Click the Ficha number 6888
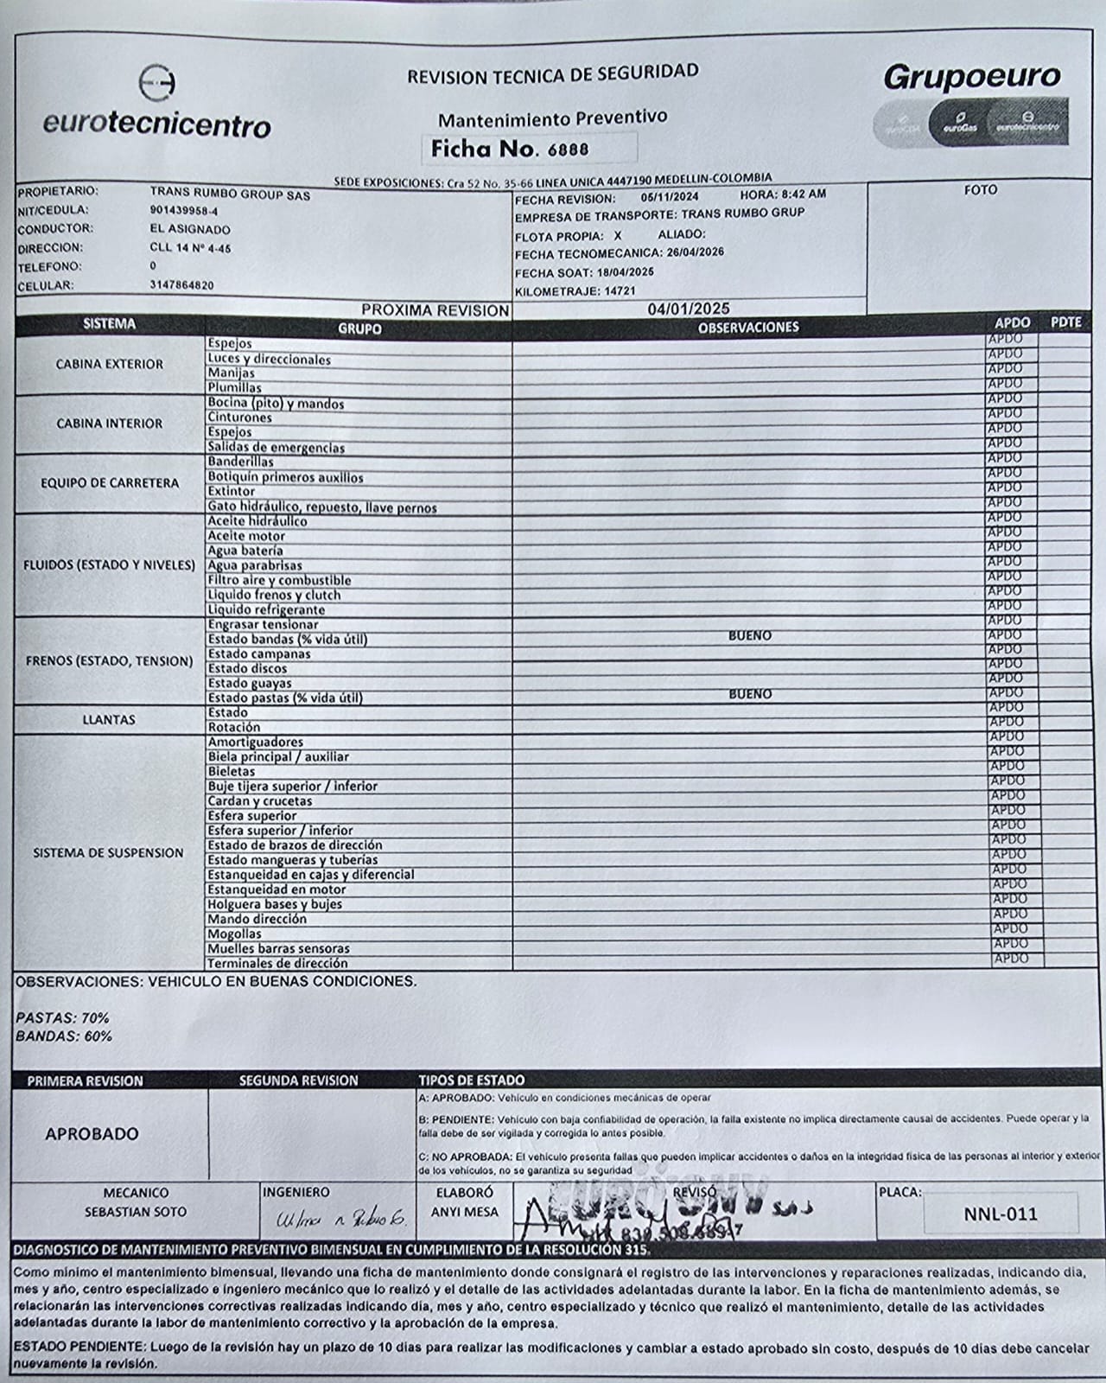[x=569, y=149]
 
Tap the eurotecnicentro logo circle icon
[x=157, y=84]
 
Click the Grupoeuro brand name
[x=971, y=77]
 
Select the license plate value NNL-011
[x=1001, y=1214]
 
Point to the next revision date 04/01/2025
[x=688, y=309]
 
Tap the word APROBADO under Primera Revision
[x=92, y=1134]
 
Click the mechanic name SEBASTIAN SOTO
[x=135, y=1212]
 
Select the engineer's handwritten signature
[x=340, y=1220]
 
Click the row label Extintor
[x=231, y=492]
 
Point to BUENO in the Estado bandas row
[x=749, y=635]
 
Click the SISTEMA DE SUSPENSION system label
[x=108, y=852]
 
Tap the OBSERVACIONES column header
[x=748, y=327]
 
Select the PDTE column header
[x=1066, y=322]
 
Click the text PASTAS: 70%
[x=62, y=1018]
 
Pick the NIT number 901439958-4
[x=183, y=210]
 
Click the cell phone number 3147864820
[x=181, y=285]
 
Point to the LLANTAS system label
[x=109, y=719]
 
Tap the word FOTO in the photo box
[x=980, y=189]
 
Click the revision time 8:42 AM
[x=803, y=194]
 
